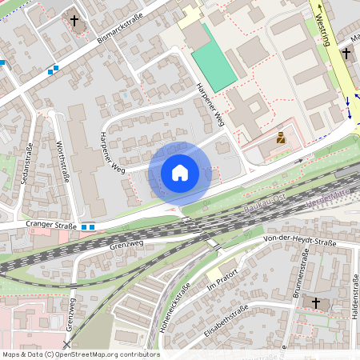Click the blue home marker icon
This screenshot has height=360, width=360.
coord(180,173)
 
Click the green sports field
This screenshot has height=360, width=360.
coord(213,58)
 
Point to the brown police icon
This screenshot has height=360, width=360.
coord(281,138)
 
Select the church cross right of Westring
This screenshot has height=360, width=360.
coord(346,54)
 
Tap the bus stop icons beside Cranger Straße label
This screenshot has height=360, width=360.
coord(88,226)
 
